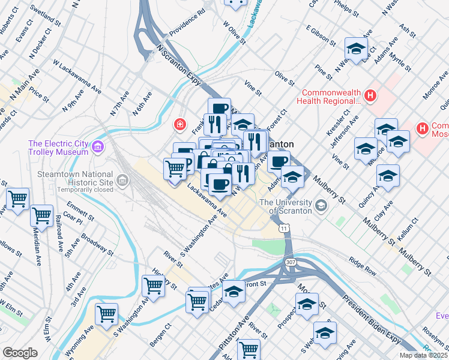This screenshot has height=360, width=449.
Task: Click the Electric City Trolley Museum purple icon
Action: pyautogui.click(x=97, y=146)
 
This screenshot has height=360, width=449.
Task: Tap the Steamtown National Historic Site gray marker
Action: pyautogui.click(x=123, y=180)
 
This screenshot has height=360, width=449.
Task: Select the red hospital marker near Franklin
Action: pyautogui.click(x=178, y=125)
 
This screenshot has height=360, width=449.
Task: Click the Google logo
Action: pyautogui.click(x=20, y=352)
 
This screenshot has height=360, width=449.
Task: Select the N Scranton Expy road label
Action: pyautogui.click(x=178, y=62)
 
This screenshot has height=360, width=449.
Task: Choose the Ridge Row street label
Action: pyautogui.click(x=363, y=264)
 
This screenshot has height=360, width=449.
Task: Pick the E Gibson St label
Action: pyautogui.click(x=321, y=35)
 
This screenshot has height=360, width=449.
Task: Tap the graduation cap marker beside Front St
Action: pyautogui.click(x=234, y=292)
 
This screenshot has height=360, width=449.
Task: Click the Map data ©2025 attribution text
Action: pyautogui.click(x=423, y=355)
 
